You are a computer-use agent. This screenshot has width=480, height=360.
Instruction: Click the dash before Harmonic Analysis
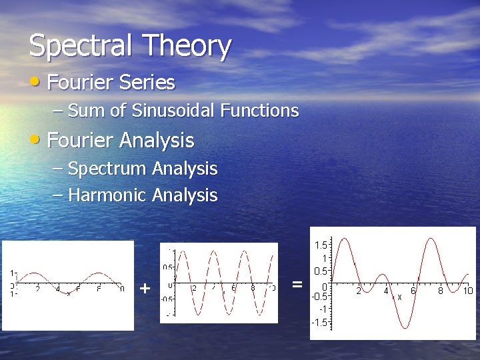point(57,195)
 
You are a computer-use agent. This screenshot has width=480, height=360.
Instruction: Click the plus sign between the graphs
point(145,289)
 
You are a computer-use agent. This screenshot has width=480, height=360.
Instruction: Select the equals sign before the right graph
point(297,285)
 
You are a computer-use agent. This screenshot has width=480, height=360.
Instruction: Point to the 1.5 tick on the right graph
point(320,245)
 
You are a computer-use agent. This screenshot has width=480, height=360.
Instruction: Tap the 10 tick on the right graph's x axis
point(468,291)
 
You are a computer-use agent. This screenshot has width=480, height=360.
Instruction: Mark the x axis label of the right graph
point(400,297)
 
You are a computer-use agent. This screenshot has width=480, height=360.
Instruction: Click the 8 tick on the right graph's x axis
point(441,291)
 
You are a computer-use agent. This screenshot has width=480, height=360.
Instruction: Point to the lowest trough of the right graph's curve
point(405,328)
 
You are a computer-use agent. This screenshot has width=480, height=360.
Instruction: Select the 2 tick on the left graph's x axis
point(37,289)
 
